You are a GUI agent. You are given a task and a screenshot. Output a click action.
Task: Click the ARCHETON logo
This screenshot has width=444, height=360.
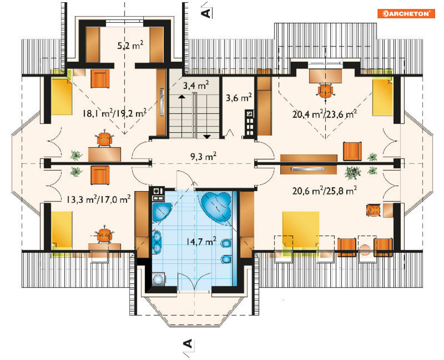(x=406, y=13)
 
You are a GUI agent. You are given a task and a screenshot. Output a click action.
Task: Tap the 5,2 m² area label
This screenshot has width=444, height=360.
(x=130, y=46)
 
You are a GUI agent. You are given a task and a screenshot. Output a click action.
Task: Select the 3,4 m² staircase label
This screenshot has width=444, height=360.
(x=196, y=85)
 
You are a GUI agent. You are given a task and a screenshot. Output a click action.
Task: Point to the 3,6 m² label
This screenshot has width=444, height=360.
(x=239, y=98)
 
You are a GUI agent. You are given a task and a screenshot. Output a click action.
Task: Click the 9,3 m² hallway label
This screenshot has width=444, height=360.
(x=203, y=156)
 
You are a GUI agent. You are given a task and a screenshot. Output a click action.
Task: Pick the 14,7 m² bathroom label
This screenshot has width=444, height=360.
(x=201, y=242)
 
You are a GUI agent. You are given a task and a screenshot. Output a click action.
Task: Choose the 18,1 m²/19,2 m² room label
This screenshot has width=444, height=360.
(x=114, y=113)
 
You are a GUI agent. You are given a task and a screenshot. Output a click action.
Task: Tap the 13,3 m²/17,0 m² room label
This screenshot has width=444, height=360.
(x=99, y=199)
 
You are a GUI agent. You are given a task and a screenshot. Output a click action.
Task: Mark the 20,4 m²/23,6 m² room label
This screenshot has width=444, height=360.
(x=324, y=114)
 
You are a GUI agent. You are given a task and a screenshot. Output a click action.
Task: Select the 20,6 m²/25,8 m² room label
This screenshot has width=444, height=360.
(x=324, y=191)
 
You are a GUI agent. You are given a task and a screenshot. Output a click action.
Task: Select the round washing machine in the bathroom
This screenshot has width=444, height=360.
(x=158, y=279)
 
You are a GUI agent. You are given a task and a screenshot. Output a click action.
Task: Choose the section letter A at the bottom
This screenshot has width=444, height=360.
(x=188, y=343)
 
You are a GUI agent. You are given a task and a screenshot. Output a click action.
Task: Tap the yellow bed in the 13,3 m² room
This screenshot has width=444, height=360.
(x=62, y=231)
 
